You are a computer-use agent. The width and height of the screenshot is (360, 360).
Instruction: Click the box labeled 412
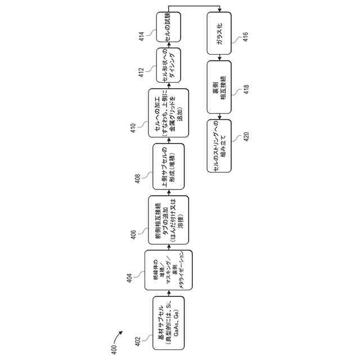(168, 66)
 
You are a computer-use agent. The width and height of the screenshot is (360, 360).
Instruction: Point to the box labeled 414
(168, 28)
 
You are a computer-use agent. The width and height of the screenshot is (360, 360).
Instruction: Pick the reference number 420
(246, 137)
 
